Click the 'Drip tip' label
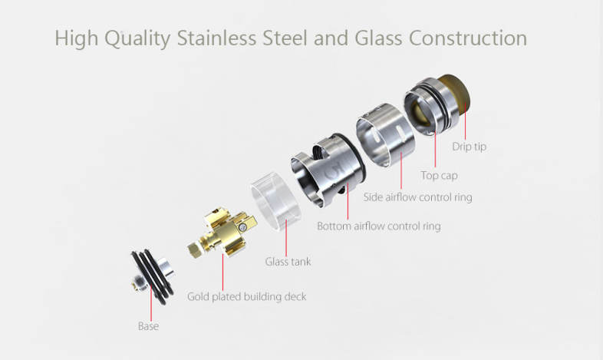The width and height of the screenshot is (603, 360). pyautogui.click(x=469, y=146)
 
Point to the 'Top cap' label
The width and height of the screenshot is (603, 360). pyautogui.click(x=439, y=175)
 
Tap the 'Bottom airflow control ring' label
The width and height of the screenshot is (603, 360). pyautogui.click(x=379, y=226)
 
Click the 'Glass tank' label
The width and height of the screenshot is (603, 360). pyautogui.click(x=288, y=262)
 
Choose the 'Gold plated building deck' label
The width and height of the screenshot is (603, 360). pyautogui.click(x=246, y=296)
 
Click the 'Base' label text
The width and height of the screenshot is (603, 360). pyautogui.click(x=148, y=326)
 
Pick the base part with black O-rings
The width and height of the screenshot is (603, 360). pyautogui.click(x=148, y=272)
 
